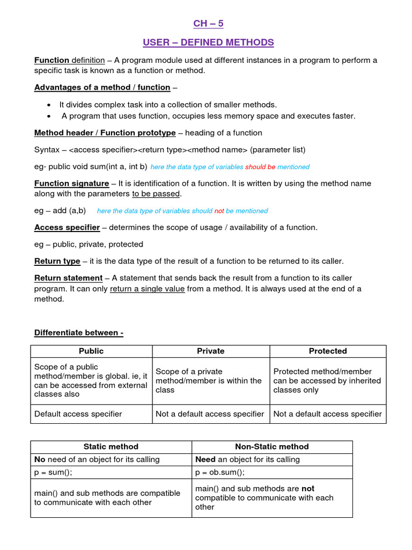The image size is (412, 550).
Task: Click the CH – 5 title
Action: (x=208, y=23)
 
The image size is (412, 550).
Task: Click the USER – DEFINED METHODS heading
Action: (x=208, y=42)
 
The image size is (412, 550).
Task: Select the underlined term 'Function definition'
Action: (x=69, y=60)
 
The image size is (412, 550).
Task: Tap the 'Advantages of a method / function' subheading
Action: (x=102, y=87)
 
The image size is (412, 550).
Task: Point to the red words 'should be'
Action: (x=260, y=167)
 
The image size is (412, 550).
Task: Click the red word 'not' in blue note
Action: (x=219, y=211)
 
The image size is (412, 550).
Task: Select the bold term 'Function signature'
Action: (x=71, y=184)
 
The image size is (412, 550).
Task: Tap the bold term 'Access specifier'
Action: (x=67, y=228)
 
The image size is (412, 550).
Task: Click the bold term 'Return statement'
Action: (x=68, y=278)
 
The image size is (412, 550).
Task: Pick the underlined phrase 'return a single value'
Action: (x=147, y=289)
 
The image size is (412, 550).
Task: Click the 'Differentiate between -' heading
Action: (x=79, y=332)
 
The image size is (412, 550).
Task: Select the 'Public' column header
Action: (x=91, y=351)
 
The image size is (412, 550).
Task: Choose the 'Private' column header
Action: (x=211, y=351)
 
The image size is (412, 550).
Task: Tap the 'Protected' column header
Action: (x=328, y=351)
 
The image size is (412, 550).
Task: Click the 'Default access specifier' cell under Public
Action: (x=78, y=414)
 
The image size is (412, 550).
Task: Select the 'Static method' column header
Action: (x=111, y=447)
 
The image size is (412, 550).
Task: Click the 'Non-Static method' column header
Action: (x=272, y=447)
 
